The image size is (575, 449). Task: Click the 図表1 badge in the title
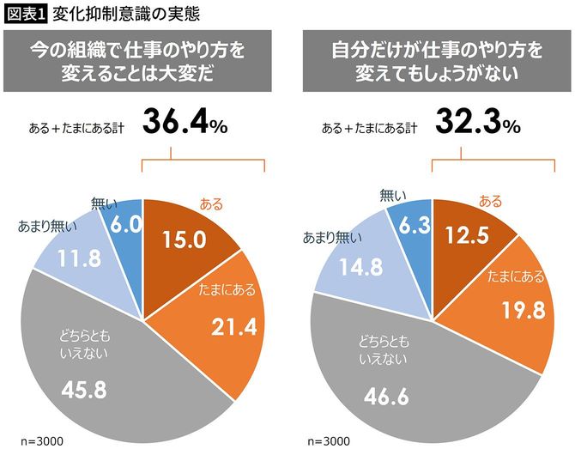point(26,14)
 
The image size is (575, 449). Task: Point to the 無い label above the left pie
point(103,203)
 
